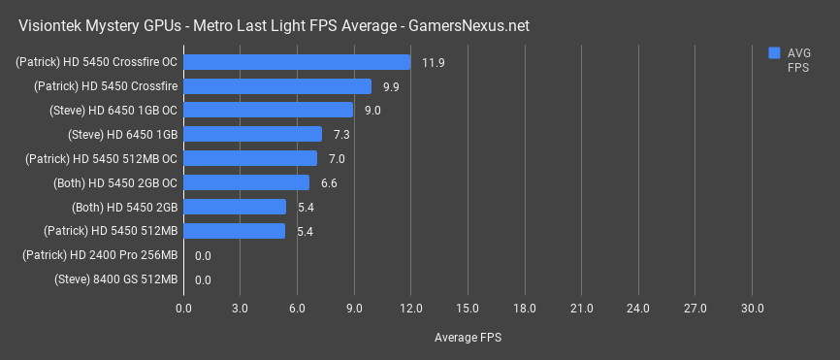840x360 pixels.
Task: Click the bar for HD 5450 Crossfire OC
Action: (297, 62)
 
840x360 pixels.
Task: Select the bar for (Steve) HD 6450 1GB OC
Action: (268, 111)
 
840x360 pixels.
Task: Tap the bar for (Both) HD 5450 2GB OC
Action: (245, 182)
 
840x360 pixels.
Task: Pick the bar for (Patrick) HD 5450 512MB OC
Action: (249, 158)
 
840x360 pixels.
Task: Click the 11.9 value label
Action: (434, 63)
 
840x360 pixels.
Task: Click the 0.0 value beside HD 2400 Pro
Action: (203, 256)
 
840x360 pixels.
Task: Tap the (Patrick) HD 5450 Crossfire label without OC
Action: (106, 86)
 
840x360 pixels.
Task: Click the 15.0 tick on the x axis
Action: (468, 309)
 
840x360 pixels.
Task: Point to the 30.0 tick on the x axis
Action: (752, 309)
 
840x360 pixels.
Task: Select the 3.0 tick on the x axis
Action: (241, 309)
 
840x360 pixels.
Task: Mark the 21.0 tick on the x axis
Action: (581, 309)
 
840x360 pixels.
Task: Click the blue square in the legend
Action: (774, 52)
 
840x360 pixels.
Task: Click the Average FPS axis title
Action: (468, 337)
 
